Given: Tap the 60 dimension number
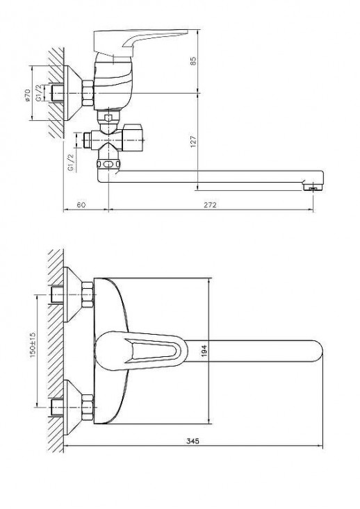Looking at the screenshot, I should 81,205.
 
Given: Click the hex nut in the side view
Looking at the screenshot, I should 88,93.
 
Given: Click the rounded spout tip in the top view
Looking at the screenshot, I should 316,351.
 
